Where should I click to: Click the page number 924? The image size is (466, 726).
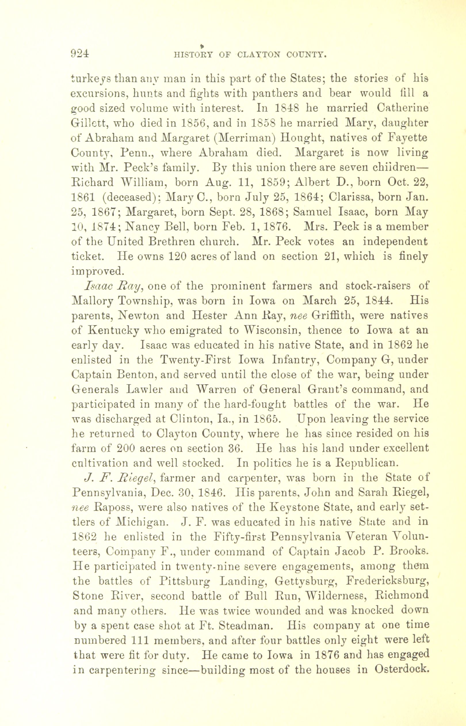click(x=80, y=53)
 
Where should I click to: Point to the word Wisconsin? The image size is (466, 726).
click(x=272, y=330)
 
